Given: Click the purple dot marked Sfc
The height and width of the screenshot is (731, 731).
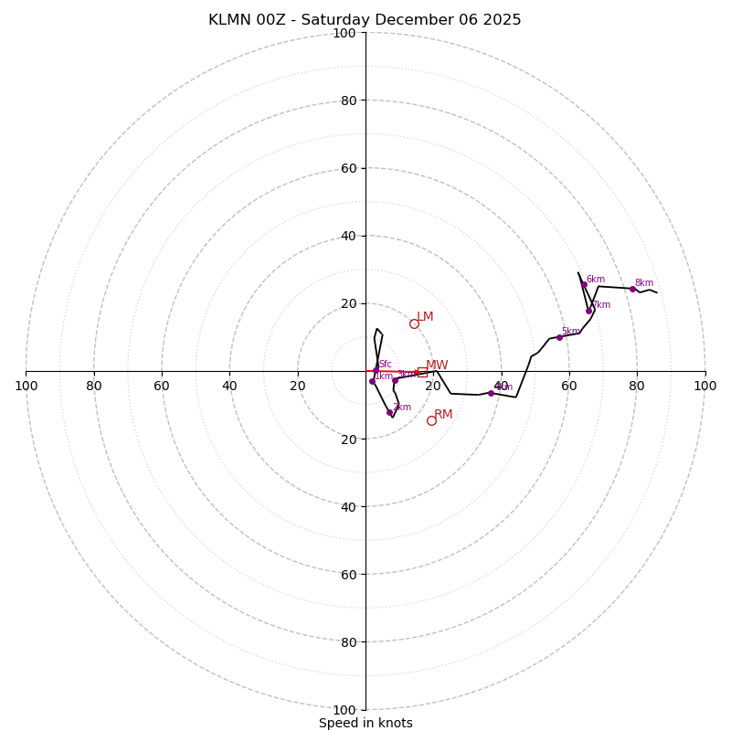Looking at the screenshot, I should point(376,369).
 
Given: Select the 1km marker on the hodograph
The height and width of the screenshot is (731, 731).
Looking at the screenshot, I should point(372,381).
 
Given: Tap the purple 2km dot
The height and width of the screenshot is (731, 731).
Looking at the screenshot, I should point(389,412).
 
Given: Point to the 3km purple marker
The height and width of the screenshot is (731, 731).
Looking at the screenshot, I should point(395,379).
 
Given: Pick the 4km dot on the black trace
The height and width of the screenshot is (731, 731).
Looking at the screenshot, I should point(491,393).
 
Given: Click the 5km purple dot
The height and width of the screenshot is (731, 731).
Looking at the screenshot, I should point(559,337).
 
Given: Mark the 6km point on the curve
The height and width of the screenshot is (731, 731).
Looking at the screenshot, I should point(584,284).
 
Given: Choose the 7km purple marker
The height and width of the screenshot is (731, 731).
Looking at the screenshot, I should point(588,311).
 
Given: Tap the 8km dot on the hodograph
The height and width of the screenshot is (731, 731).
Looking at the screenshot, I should point(632,289).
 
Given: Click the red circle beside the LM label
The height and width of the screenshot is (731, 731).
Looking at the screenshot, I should point(414,323).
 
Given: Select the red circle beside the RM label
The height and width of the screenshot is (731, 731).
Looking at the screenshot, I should point(431,420).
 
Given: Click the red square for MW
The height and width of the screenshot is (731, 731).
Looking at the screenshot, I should point(422,372).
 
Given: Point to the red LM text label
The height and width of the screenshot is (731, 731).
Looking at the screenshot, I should point(425,317).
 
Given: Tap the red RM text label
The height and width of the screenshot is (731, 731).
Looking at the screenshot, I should point(443,414).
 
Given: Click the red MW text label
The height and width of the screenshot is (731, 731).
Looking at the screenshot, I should point(437,365).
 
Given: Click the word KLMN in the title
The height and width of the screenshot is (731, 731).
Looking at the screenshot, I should point(228,20).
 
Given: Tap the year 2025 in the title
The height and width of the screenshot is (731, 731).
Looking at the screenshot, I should point(502,20).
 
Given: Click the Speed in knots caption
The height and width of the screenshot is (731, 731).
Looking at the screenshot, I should point(365,723).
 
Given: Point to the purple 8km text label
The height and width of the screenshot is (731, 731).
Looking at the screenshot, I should point(644,283).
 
